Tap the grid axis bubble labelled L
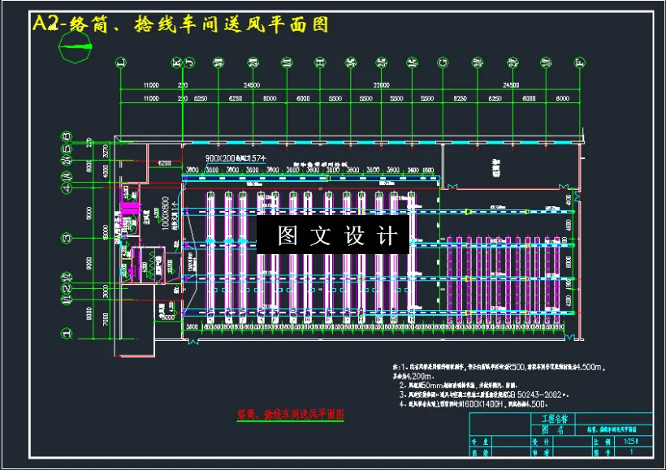pos(120,61)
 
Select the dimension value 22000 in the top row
pos(376,85)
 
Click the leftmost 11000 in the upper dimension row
pos(151,85)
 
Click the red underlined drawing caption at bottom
pos(290,414)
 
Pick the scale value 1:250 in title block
pos(625,442)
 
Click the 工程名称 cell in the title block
pos(554,419)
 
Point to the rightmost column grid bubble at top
pos(580,61)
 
